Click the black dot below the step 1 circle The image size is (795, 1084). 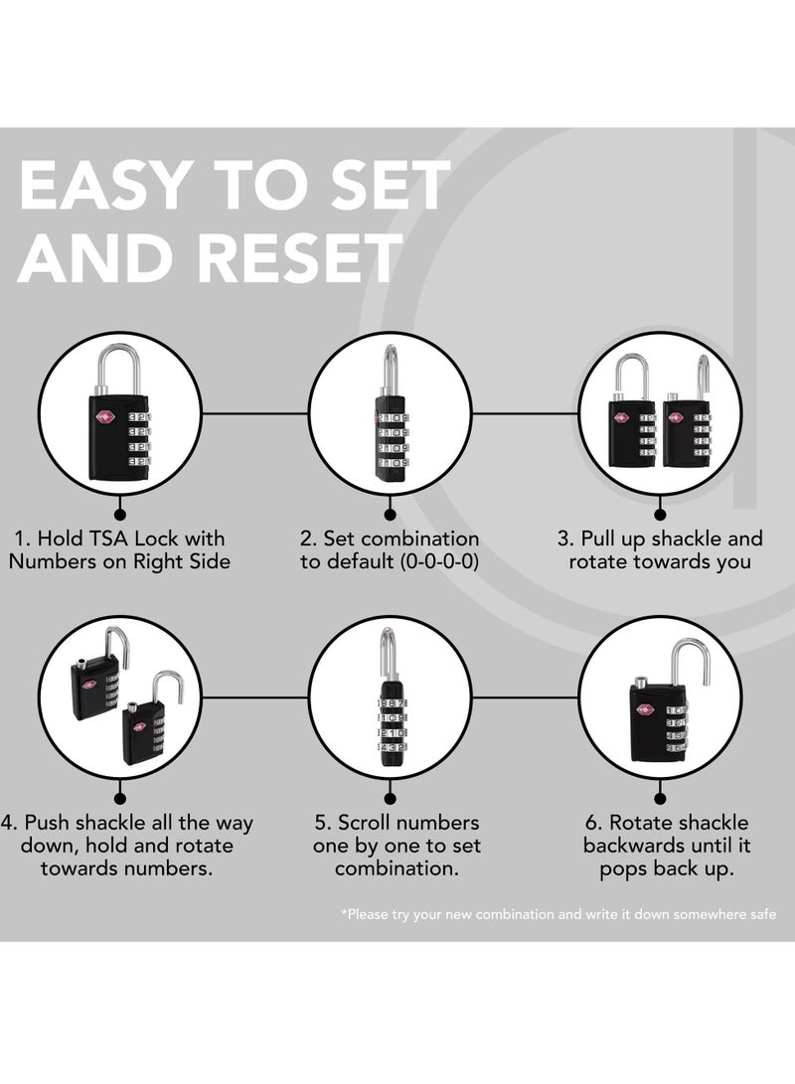point(119,515)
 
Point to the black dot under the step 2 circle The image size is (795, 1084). point(390,515)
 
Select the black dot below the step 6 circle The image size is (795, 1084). point(660,799)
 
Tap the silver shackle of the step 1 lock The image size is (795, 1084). point(120,370)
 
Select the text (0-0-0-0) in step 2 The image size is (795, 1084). point(439,561)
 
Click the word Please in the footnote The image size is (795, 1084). point(367,914)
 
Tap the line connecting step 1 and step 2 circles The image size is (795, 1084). point(254,414)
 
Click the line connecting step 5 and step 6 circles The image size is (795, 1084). point(525,698)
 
